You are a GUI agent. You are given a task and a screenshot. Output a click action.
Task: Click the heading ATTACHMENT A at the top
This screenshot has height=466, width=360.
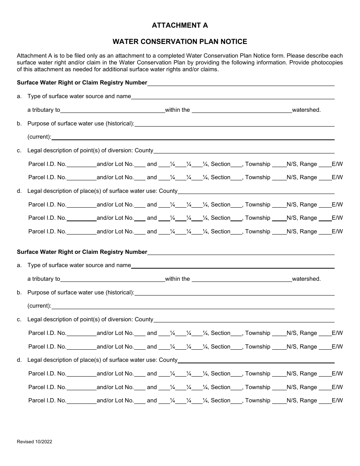pyautogui.click(x=180, y=25)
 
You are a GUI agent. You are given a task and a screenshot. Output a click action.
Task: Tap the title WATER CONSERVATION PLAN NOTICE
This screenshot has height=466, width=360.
pyautogui.click(x=180, y=42)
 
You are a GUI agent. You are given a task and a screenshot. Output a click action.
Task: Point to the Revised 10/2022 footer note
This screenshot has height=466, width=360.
pyautogui.click(x=34, y=442)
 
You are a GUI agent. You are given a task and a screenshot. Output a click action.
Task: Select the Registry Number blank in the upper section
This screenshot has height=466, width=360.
pyautogui.click(x=241, y=83)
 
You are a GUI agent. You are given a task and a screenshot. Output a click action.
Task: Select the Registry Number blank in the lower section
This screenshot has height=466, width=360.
pyautogui.click(x=241, y=252)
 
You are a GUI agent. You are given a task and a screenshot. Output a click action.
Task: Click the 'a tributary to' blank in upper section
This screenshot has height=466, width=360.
pyautogui.click(x=113, y=111)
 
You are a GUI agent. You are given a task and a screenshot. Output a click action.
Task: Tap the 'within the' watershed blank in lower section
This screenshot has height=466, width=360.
pyautogui.click(x=241, y=280)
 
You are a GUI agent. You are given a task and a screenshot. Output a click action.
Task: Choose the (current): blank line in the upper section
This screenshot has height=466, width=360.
pyautogui.click(x=193, y=138)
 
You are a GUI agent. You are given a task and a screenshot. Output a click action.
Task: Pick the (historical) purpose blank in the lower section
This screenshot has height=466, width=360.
pyautogui.click(x=234, y=293)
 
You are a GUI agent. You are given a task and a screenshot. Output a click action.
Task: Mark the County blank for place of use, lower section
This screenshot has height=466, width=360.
pyautogui.click(x=256, y=361)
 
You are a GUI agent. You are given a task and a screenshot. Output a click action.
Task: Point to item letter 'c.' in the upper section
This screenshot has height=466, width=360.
pyautogui.click(x=19, y=151)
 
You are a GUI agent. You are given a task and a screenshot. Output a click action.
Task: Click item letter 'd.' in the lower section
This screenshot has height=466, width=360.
pyautogui.click(x=19, y=360)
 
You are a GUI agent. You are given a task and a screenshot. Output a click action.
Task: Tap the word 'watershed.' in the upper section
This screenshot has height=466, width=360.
pyautogui.click(x=306, y=110)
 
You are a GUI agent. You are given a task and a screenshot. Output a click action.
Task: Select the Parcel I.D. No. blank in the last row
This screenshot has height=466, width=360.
pyautogui.click(x=81, y=401)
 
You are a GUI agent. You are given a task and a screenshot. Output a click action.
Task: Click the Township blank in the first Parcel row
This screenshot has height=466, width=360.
pyautogui.click(x=279, y=165)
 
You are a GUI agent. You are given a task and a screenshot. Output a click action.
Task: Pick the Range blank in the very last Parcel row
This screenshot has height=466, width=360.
pyautogui.click(x=325, y=401)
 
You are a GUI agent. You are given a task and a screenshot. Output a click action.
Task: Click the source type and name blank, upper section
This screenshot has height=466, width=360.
pyautogui.click(x=233, y=97)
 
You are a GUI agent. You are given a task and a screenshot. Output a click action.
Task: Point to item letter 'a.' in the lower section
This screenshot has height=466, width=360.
pyautogui.click(x=19, y=266)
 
